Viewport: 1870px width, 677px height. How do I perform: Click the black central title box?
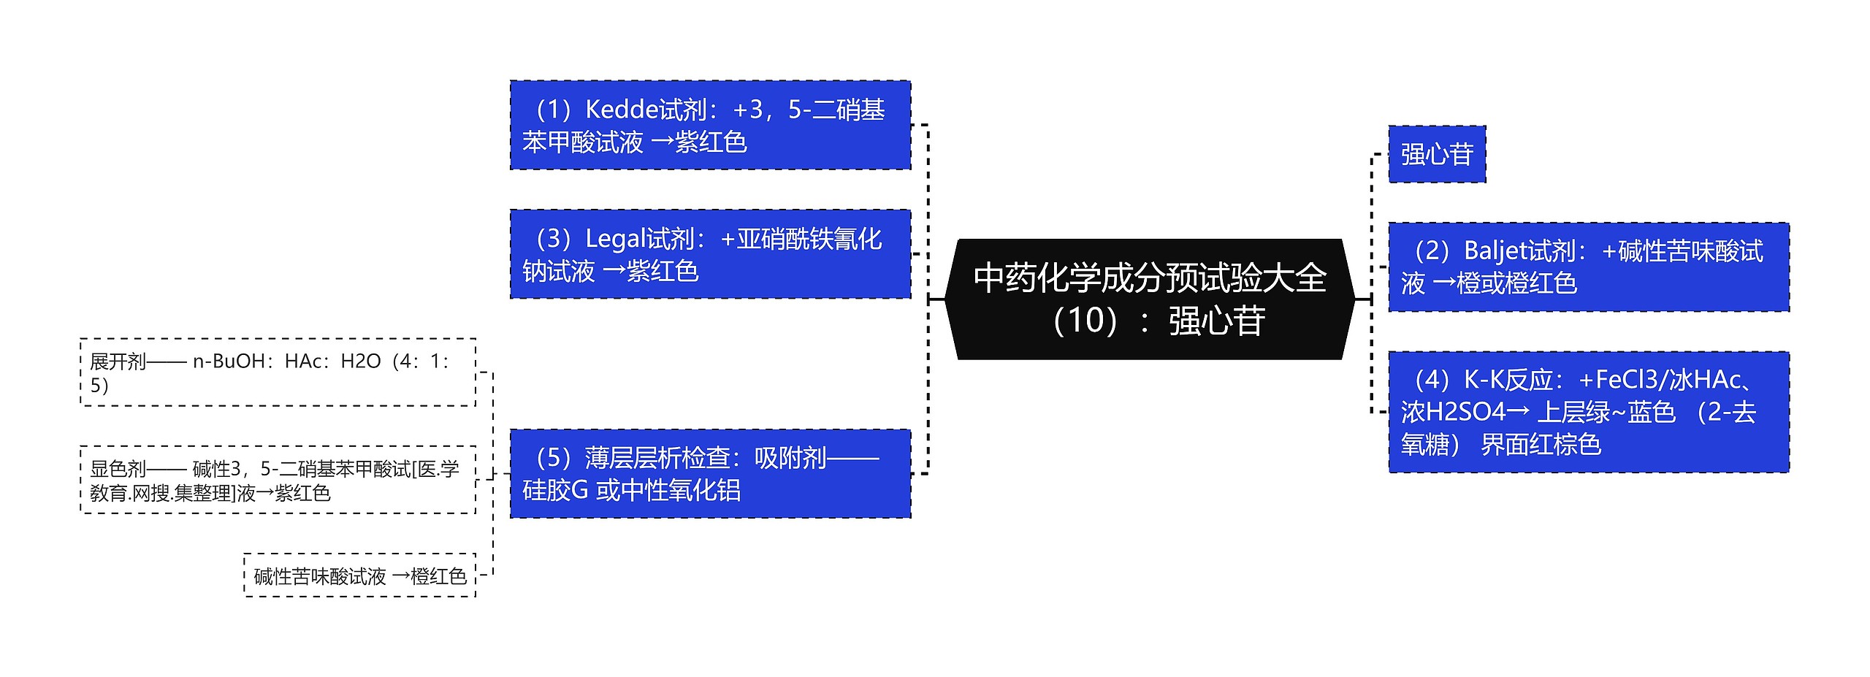coord(1149,299)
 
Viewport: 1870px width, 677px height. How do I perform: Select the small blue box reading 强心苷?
coord(1436,154)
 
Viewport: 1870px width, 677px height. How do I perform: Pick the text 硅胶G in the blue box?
coord(555,490)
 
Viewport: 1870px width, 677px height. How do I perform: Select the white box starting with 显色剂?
coord(278,480)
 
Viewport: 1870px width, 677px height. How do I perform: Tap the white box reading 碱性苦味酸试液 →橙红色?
coord(359,576)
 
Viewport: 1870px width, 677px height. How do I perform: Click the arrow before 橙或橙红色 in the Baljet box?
coord(1443,283)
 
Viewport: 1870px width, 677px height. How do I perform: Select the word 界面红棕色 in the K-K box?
coord(1541,445)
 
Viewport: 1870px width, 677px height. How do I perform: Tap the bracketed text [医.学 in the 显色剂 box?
coord(435,469)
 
